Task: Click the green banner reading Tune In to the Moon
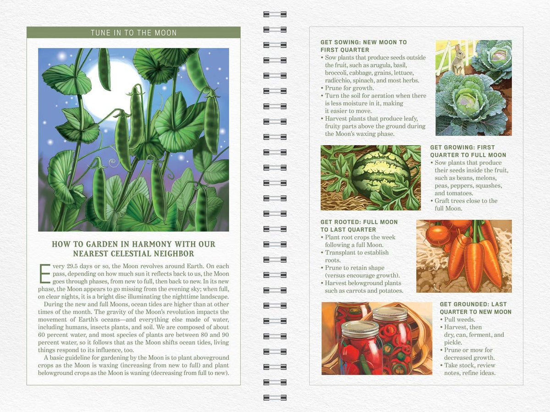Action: pos(133,33)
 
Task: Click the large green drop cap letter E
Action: pos(45,273)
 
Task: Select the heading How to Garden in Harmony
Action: pos(133,249)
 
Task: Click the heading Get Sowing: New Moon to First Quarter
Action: pos(363,46)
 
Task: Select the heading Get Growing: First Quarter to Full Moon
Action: pos(468,151)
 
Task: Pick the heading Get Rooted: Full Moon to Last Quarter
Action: pos(359,226)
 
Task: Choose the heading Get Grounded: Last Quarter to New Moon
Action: pos(475,308)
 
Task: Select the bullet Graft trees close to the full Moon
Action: pos(465,205)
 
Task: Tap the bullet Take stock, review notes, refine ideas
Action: pos(470,369)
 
